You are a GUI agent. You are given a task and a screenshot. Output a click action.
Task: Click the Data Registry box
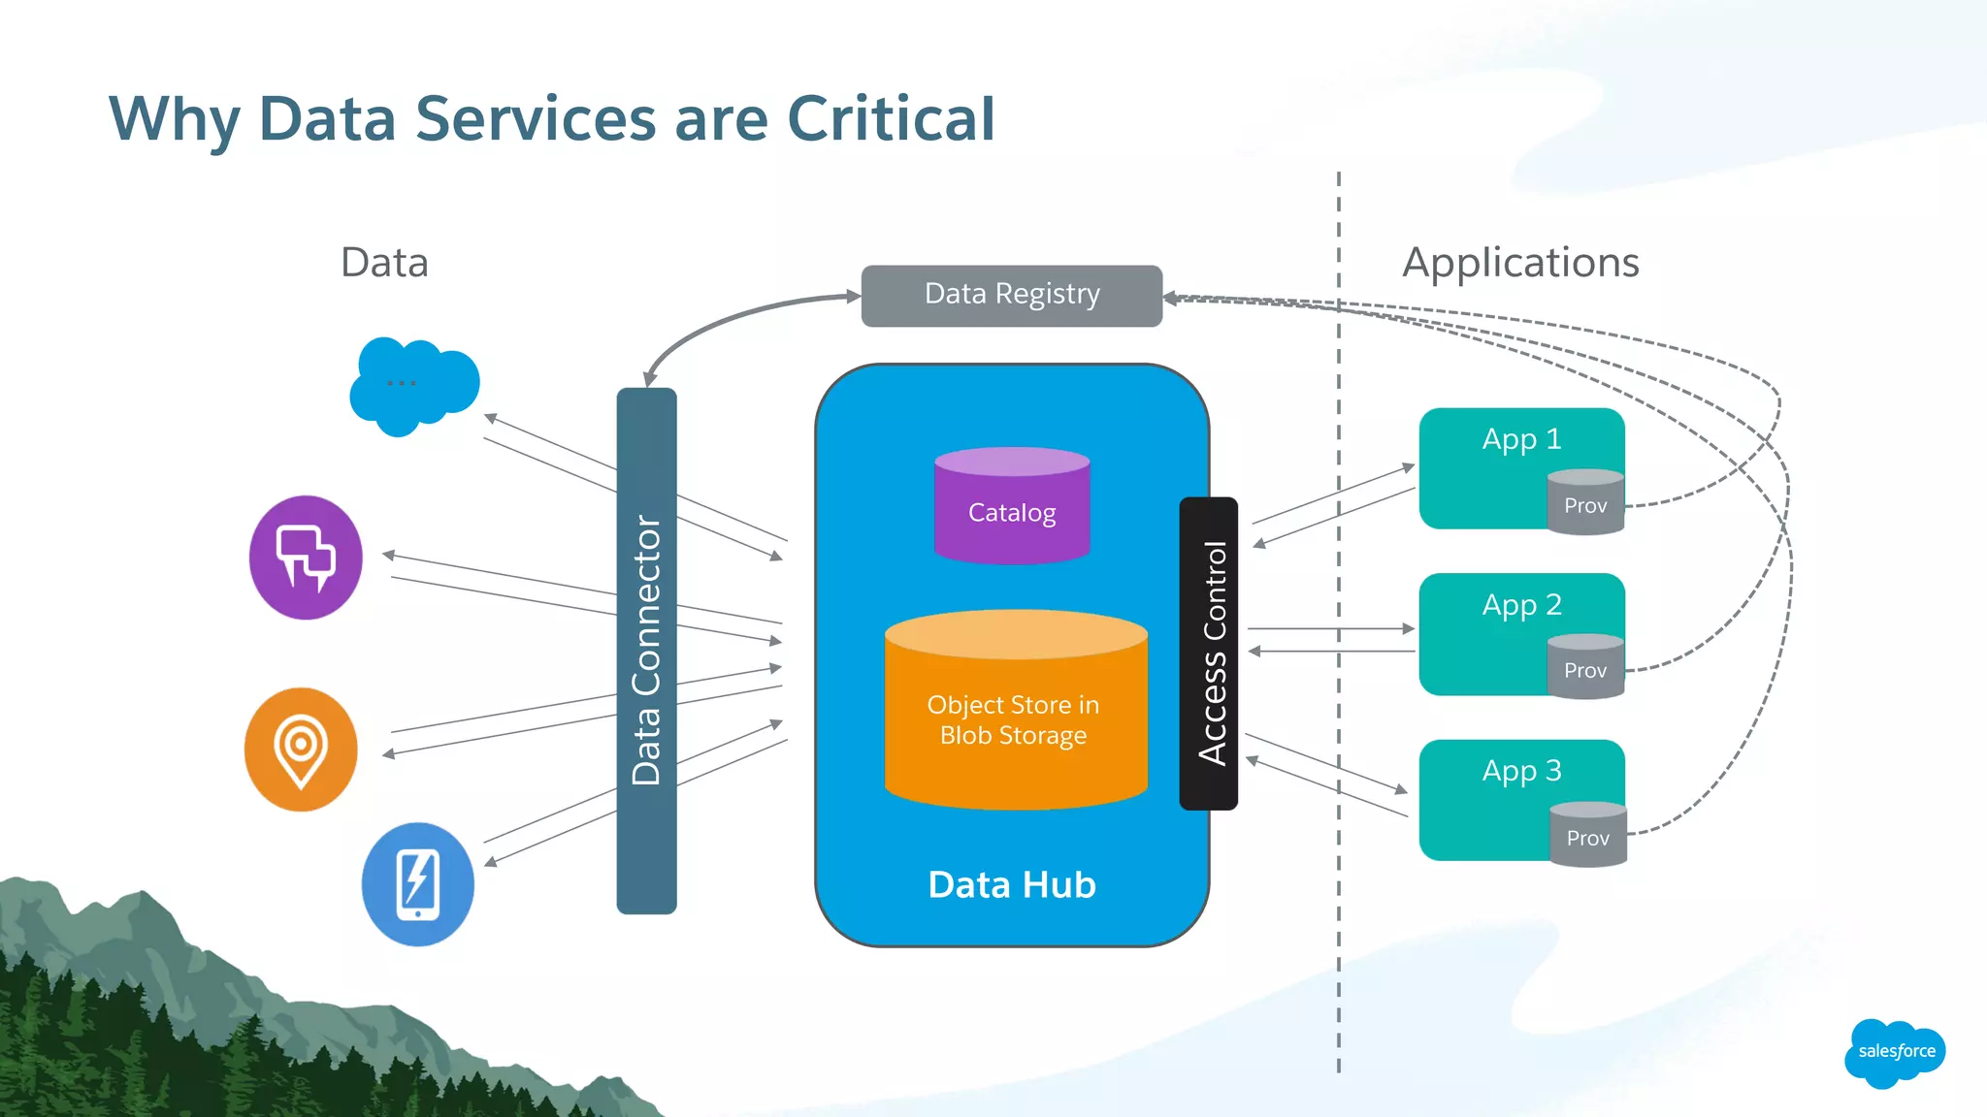[x=1011, y=295]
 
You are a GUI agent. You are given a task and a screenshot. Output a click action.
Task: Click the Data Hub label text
[x=1012, y=884]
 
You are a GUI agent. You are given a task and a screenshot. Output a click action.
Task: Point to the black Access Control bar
[x=1209, y=654]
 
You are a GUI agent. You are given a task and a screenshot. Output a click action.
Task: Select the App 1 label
[x=1521, y=439]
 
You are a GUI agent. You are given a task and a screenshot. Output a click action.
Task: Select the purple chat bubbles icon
[x=306, y=558]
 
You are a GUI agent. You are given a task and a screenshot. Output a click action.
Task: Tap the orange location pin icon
[x=301, y=750]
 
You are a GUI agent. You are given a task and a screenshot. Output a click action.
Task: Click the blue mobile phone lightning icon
[x=418, y=884]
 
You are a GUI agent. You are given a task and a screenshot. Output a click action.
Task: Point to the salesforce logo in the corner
[x=1895, y=1052]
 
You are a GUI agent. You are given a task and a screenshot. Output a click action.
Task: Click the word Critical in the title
[x=891, y=119]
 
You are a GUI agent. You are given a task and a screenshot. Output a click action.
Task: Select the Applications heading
[x=1520, y=263]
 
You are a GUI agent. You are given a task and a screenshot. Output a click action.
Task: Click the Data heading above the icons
[x=384, y=263]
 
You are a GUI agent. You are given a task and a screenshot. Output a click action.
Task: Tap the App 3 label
[x=1521, y=771]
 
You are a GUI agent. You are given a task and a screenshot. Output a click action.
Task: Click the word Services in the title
[x=536, y=119]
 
